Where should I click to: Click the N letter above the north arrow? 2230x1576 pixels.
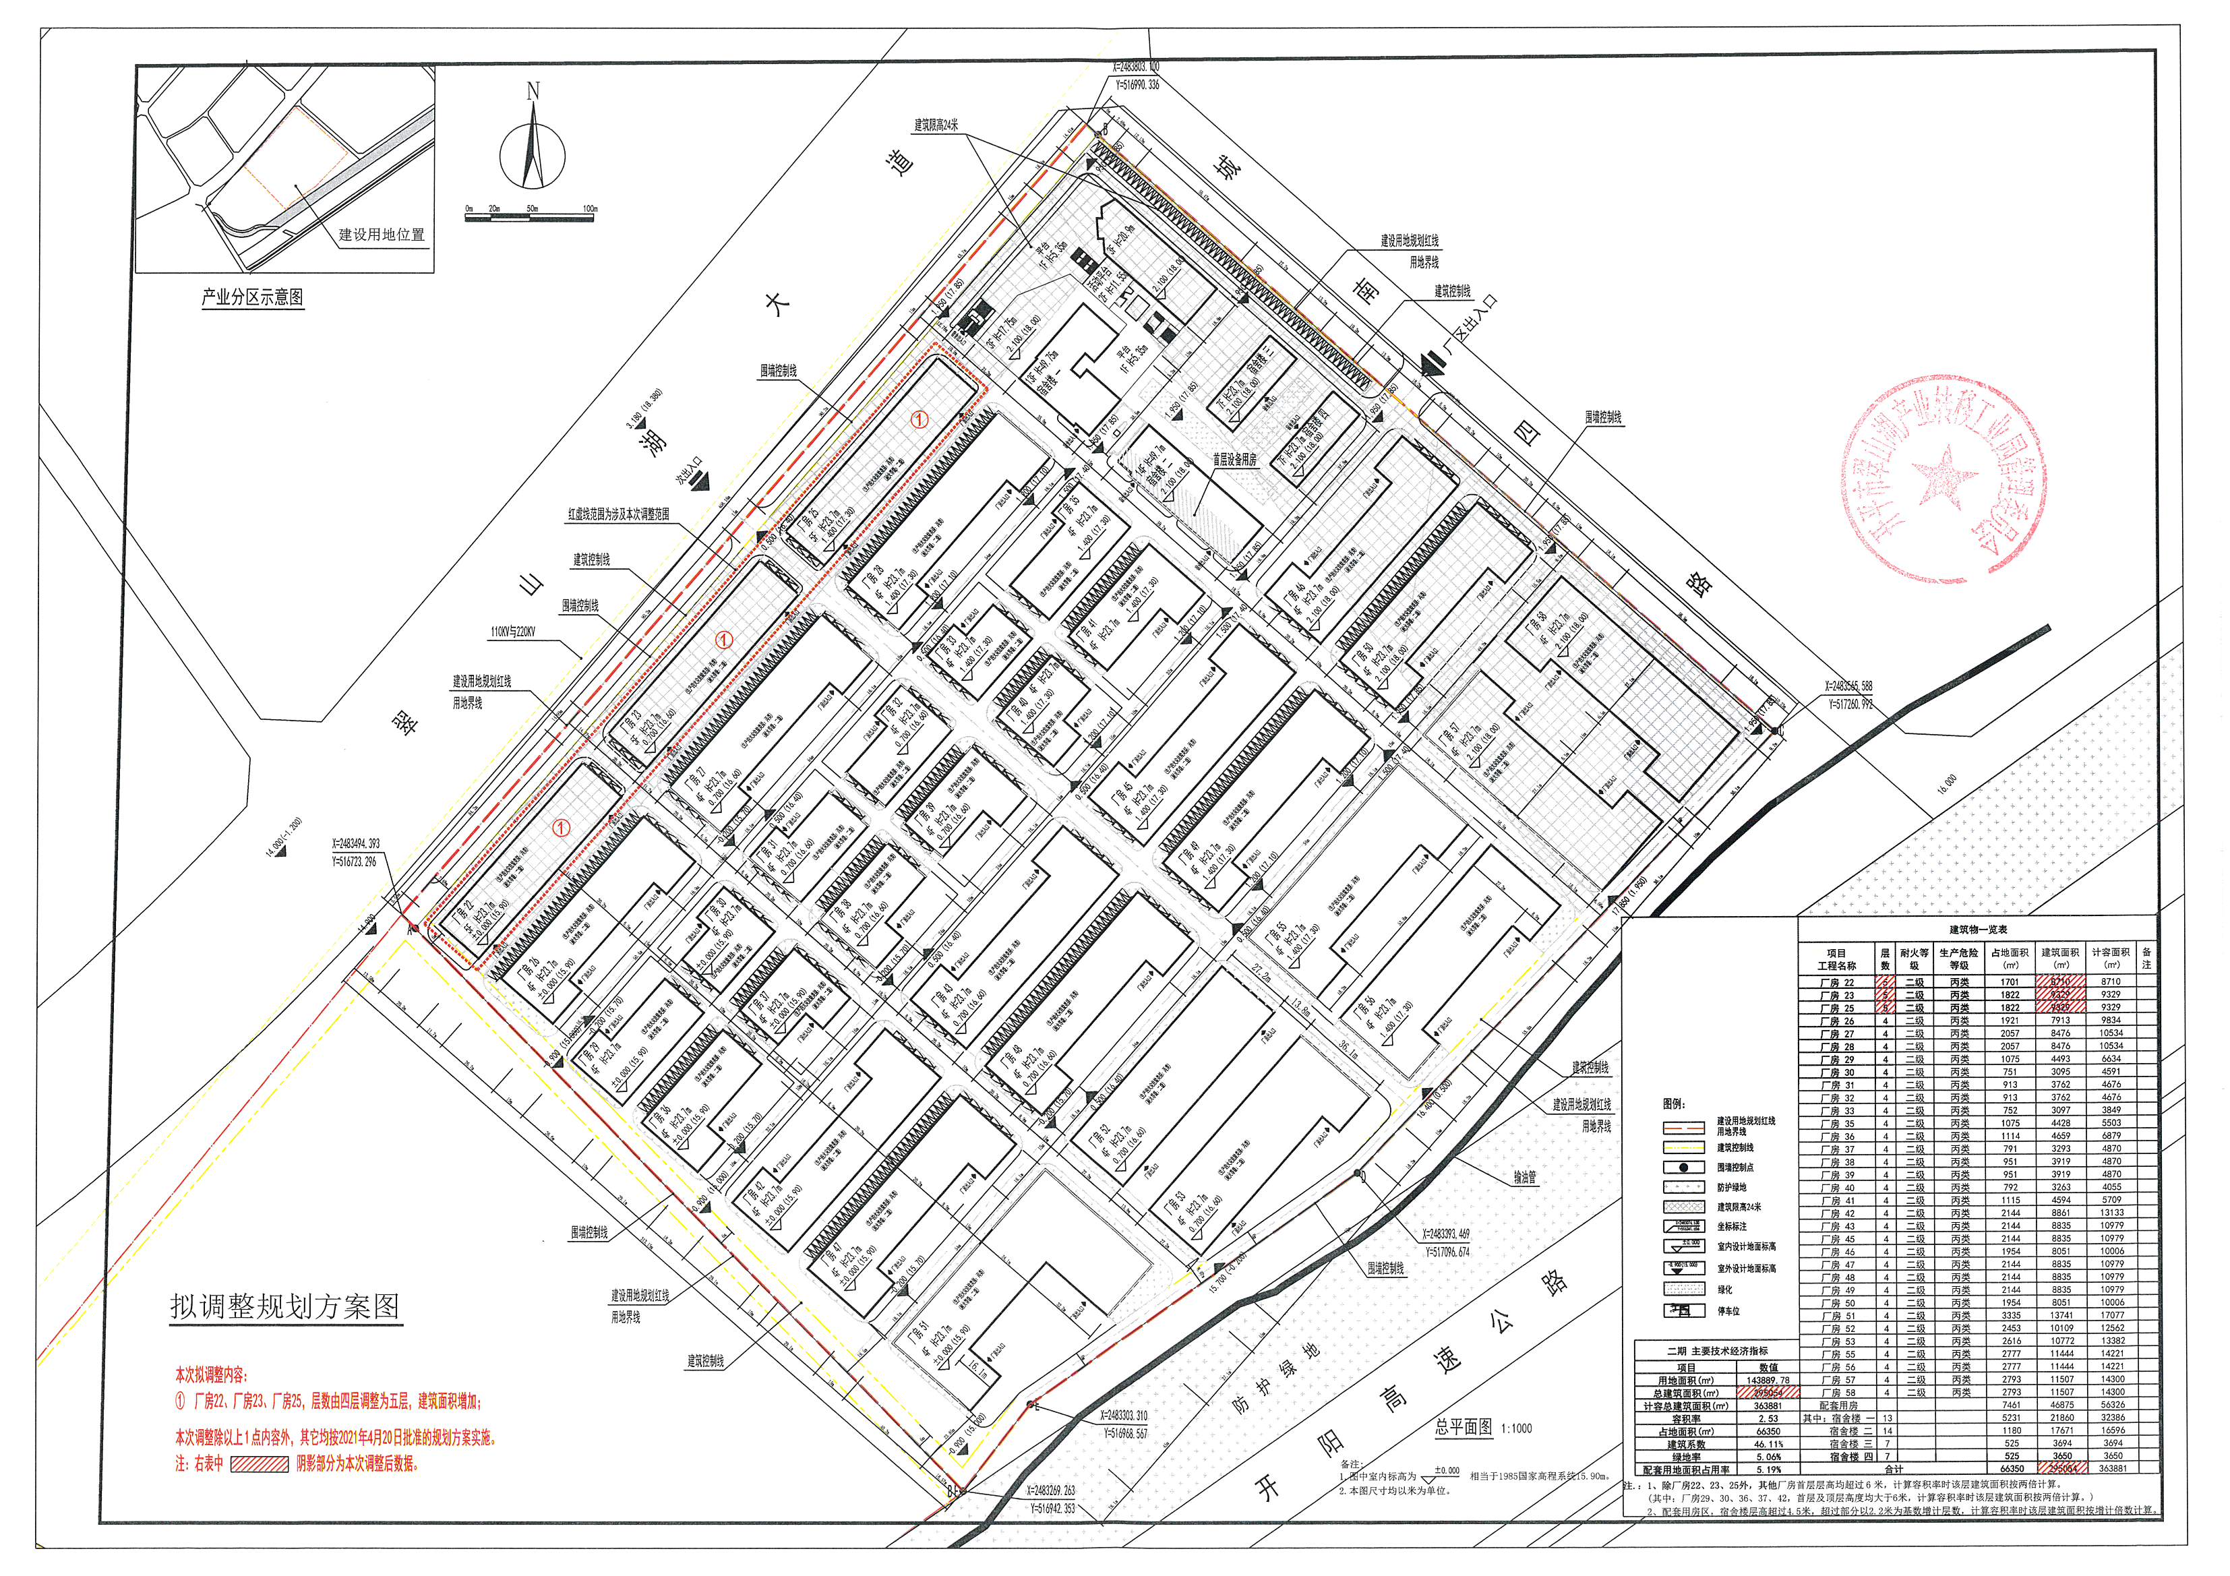533,92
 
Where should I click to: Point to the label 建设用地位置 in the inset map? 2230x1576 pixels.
381,235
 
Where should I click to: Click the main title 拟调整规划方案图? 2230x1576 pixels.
286,1306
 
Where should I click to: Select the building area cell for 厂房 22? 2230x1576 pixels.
2061,981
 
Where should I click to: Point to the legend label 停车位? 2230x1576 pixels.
1729,1311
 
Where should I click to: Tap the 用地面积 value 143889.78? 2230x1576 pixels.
1768,1380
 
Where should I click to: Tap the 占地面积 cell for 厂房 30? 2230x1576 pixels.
2010,1072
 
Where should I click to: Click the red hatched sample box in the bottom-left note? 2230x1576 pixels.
260,1464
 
